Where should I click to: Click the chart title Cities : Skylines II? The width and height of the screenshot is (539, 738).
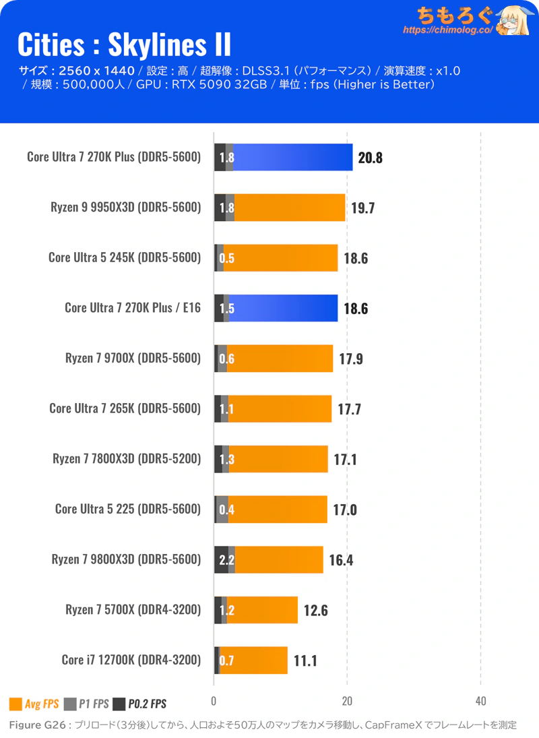pos(123,44)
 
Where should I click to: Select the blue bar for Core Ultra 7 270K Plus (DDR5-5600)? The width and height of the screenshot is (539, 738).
pos(293,157)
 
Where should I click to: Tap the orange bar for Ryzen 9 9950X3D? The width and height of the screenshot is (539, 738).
pos(290,208)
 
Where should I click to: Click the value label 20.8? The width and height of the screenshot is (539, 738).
pos(371,158)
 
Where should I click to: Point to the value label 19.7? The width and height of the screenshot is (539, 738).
pos(362,208)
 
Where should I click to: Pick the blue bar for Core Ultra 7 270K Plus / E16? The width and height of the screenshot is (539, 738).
pos(283,308)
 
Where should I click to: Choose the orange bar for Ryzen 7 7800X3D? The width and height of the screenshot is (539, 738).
pos(278,459)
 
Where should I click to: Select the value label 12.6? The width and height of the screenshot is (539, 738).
pos(315,611)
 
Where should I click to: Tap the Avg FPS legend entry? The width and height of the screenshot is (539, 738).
pos(34,704)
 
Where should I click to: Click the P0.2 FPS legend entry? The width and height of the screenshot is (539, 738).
pos(139,704)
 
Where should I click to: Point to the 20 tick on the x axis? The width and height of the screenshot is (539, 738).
pos(347,700)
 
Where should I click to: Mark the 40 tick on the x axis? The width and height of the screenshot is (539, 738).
pos(480,700)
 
